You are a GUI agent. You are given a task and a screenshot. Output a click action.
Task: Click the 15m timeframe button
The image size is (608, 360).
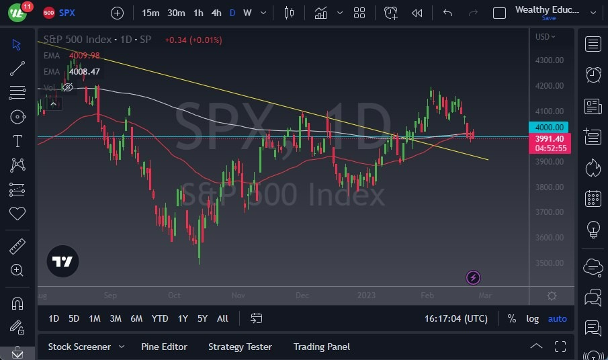150,13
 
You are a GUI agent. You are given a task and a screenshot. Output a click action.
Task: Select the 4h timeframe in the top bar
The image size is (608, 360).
216,13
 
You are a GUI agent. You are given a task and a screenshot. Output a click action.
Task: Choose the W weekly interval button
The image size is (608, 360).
247,13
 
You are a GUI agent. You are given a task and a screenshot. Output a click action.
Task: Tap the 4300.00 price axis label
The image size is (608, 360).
549,60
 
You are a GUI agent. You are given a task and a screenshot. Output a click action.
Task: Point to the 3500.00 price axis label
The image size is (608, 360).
549,263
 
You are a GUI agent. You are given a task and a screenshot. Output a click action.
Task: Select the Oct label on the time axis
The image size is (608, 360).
174,296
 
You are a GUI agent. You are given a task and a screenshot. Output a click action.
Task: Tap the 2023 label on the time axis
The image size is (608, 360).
366,296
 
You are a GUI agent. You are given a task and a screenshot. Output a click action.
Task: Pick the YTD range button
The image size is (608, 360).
159,318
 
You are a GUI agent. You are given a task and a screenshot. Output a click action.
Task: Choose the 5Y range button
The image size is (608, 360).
202,318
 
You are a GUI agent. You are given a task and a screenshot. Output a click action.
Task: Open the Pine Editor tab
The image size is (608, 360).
164,347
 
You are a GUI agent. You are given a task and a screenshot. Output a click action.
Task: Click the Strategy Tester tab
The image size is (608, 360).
240,347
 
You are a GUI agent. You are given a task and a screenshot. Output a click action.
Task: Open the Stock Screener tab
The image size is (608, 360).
79,347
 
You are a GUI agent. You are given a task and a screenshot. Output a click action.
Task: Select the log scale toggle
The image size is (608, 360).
532,318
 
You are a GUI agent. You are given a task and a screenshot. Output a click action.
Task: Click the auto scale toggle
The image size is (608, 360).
557,318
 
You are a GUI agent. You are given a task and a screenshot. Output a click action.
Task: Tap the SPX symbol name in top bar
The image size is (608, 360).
67,13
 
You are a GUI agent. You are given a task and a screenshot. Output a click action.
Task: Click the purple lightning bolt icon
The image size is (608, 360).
473,277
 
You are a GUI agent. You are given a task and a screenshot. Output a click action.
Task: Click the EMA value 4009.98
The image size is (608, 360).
84,56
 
